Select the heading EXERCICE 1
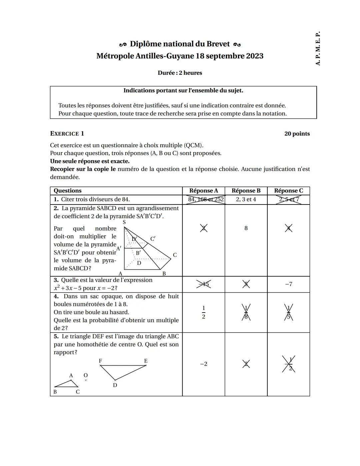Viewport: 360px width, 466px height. [x=67, y=134]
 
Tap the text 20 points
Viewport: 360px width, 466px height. [x=297, y=134]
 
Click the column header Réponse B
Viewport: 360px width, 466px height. [x=246, y=191]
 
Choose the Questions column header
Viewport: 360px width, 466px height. [x=68, y=191]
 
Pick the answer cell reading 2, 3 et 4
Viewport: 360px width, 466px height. [x=246, y=199]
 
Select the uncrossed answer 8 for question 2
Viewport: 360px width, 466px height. [x=246, y=228]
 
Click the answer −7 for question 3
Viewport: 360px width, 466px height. [x=288, y=284]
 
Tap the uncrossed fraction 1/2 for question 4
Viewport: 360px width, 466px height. [x=203, y=312]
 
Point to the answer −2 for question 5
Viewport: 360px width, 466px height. [x=203, y=364]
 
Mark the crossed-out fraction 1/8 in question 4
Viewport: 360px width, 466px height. [x=246, y=313]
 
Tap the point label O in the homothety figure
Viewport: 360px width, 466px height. [x=86, y=376]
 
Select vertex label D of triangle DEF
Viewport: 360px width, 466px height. [x=115, y=385]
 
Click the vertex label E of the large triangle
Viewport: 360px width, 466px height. [x=146, y=361]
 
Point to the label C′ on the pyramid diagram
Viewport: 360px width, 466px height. [x=153, y=239]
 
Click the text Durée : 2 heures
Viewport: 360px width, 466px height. [x=180, y=73]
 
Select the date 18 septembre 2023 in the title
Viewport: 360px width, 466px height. [x=230, y=56]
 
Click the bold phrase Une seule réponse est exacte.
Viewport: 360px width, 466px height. [x=90, y=161]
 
